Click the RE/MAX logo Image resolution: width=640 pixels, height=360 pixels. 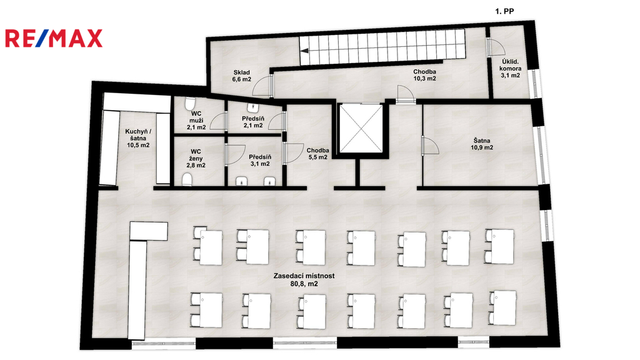(54, 38)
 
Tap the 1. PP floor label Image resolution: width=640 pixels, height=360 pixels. (504, 11)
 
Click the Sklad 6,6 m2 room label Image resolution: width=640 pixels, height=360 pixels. (242, 76)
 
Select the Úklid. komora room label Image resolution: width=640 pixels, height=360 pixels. (510, 69)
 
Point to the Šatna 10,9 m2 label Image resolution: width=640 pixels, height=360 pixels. (482, 144)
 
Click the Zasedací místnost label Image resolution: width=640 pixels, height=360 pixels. (304, 279)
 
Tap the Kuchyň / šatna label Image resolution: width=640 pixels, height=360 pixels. (138, 138)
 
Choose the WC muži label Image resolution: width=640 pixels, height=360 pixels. (196, 121)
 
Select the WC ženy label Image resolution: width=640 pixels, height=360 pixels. (196, 158)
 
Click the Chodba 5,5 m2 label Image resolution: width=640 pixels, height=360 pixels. (317, 154)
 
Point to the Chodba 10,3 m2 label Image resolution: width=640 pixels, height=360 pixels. (424, 75)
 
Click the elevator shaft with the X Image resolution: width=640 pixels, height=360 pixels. (361, 129)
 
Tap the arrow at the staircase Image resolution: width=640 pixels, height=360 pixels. (304, 51)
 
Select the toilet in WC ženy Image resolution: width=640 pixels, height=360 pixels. (187, 180)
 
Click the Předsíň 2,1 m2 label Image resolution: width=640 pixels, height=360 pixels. (253, 122)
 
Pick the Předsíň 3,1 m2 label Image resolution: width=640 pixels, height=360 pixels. (260, 160)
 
